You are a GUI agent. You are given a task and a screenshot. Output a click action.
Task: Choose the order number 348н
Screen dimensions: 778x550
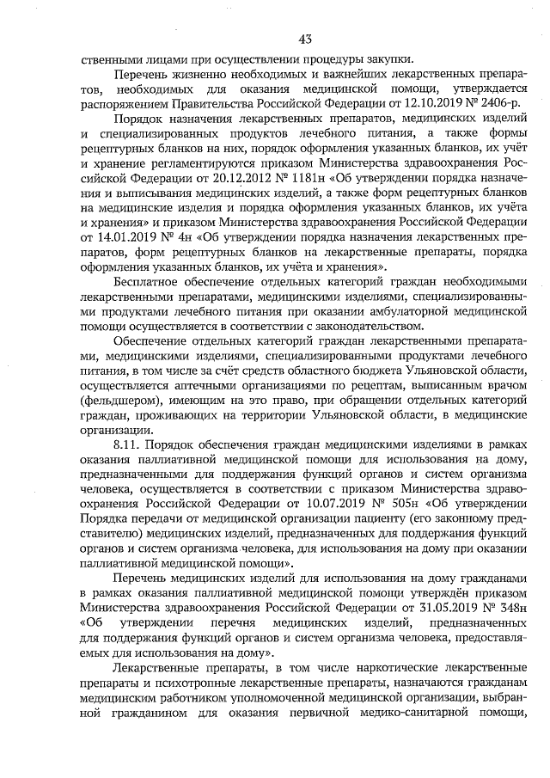point(500,610)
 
